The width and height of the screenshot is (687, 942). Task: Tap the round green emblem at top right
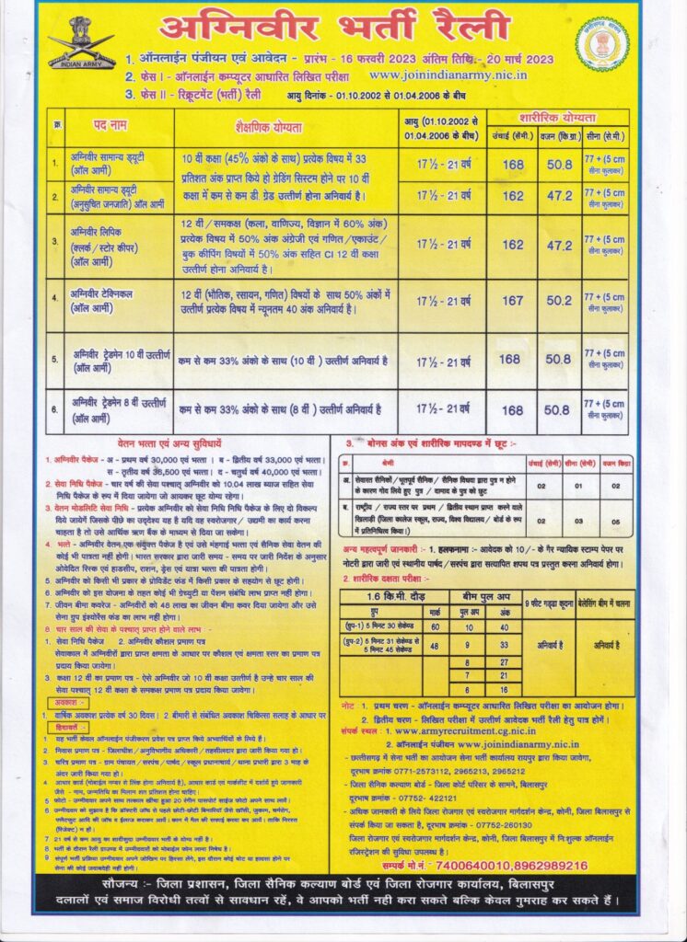pos(603,43)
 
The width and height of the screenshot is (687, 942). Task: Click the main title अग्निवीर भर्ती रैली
pos(334,29)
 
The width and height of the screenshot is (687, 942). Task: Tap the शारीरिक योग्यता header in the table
pos(559,117)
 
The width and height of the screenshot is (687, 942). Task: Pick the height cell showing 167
pos(513,300)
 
